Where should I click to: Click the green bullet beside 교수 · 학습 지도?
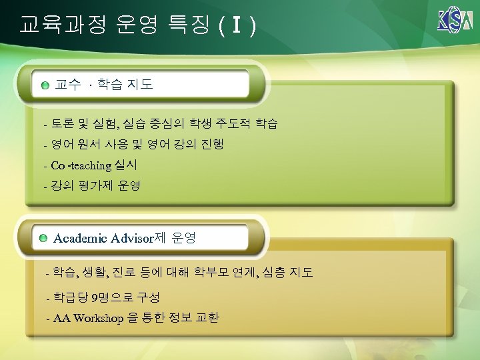(45, 86)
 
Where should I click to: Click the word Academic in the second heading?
(81, 238)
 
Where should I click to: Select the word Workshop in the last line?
(99, 318)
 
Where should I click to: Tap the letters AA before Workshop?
(61, 318)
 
